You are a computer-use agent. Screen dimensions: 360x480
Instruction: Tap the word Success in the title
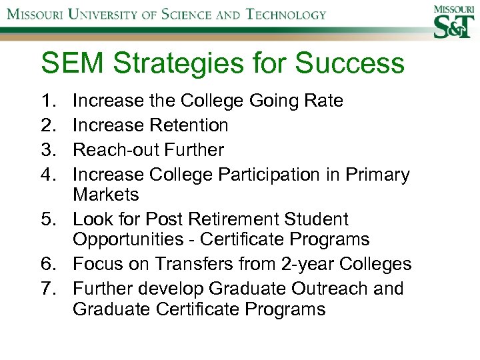(x=349, y=64)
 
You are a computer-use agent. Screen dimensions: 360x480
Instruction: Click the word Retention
(x=189, y=125)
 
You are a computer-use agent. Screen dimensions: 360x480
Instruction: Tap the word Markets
(x=106, y=195)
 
